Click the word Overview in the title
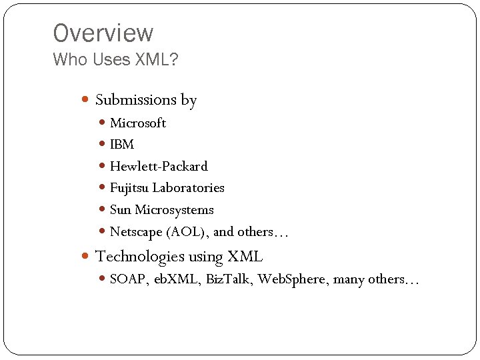(103, 33)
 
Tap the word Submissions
(136, 100)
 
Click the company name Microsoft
(138, 123)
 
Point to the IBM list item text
(122, 144)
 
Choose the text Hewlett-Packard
(159, 166)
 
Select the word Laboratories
(189, 188)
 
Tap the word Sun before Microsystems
(121, 210)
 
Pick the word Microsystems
(175, 210)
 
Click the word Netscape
(134, 232)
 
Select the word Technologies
(140, 256)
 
